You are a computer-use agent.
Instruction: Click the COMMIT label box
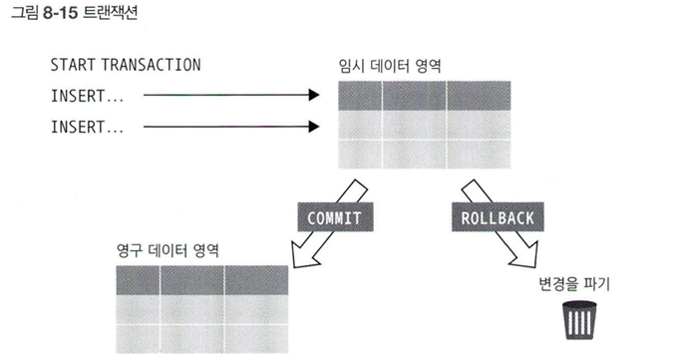336,216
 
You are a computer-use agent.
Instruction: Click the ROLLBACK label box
498,216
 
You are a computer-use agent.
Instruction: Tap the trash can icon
579,320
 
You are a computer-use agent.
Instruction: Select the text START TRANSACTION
126,65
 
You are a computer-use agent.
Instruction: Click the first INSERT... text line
87,96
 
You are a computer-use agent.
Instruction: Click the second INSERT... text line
87,127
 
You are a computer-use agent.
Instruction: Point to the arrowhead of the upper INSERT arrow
314,95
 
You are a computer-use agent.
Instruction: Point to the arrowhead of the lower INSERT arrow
314,127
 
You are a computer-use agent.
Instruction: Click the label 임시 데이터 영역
390,66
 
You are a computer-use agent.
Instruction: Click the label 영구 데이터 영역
168,250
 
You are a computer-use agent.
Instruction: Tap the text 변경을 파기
574,284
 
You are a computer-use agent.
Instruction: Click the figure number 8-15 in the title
61,13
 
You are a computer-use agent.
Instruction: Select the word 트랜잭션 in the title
110,13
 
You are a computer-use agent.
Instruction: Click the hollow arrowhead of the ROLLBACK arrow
524,255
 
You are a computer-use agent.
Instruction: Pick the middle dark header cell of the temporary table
415,96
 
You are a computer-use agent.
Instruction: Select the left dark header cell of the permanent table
138,280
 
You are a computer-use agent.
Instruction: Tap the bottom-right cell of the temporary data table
479,155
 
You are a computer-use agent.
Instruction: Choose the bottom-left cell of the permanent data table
138,338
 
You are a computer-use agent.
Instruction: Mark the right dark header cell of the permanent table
256,280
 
